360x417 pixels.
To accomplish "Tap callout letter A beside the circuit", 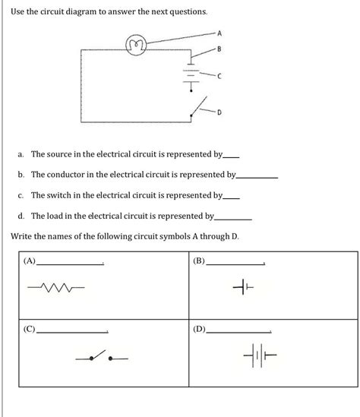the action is coord(219,33).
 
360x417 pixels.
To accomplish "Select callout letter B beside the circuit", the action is coord(219,50).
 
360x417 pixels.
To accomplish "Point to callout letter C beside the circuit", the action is coord(219,77).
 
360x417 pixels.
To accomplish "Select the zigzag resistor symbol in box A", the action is coord(55,288).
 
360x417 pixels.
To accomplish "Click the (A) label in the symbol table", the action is coord(30,261).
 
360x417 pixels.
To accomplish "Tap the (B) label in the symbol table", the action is coord(199,261).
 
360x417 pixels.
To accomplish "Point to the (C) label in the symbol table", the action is coord(30,331).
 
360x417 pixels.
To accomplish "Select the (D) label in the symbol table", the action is coord(199,331).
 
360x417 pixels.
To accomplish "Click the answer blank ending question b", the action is coord(257,176).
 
